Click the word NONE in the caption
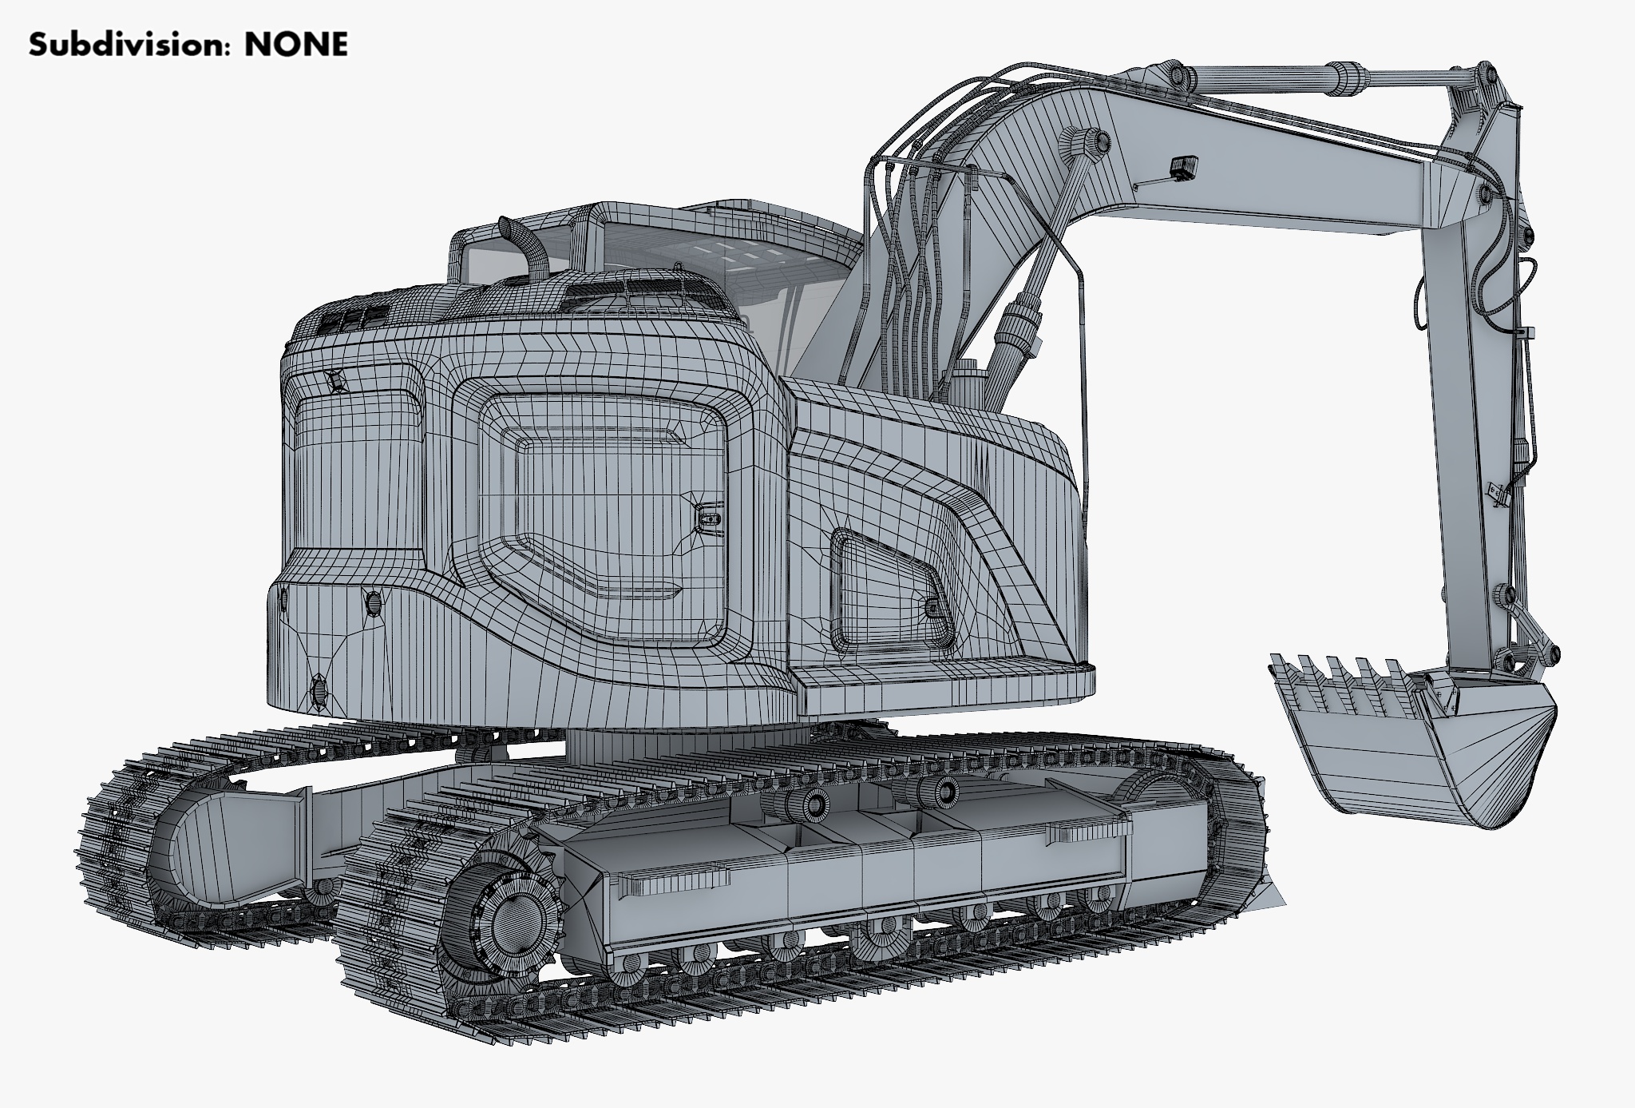[296, 45]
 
